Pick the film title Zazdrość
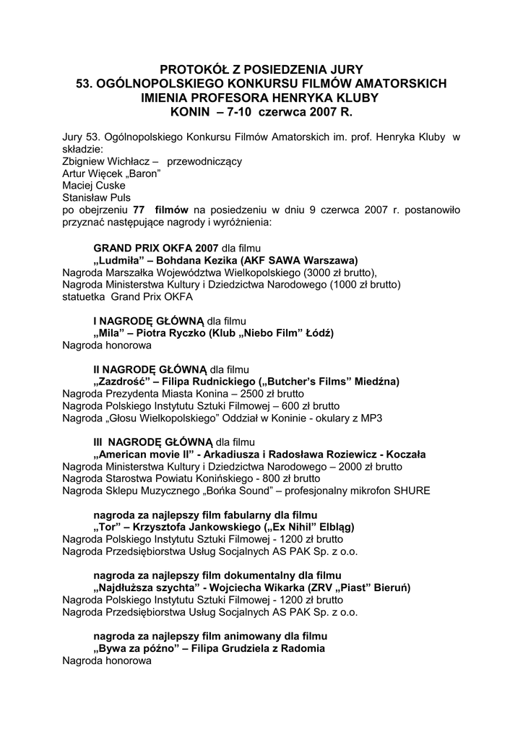click(x=122, y=381)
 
